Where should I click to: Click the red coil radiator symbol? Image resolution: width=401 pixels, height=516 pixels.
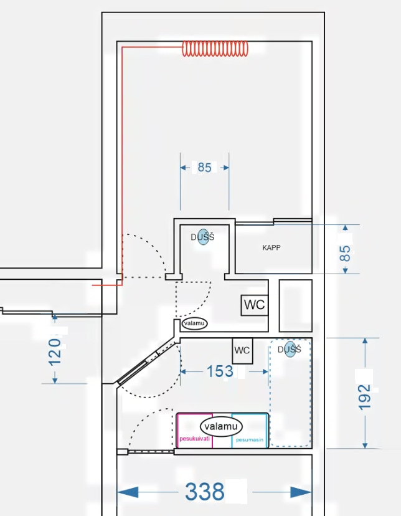pos(215,49)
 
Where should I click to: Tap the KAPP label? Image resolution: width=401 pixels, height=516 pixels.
pos(271,247)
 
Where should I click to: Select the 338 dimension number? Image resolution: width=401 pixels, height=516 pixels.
pos(204,492)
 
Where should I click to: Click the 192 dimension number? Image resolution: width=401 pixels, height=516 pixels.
pos(364,398)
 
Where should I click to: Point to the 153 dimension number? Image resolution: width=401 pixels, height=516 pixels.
pos(220,371)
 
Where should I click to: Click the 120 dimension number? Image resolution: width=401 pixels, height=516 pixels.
pos(55,352)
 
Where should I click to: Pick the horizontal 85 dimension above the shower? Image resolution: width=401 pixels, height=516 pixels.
pos(204,168)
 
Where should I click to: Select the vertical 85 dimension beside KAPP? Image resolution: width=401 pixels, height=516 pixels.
pos(345,253)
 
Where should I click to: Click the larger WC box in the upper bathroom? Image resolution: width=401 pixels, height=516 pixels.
pos(255,305)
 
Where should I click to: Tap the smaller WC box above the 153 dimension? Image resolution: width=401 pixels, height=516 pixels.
pos(243,351)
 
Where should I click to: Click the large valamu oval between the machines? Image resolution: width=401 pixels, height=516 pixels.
pos(221,426)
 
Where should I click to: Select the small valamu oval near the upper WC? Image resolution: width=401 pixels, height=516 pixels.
pos(194,323)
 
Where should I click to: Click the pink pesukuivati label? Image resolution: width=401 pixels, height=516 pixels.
pos(194,439)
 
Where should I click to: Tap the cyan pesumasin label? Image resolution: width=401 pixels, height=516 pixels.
pos(250,439)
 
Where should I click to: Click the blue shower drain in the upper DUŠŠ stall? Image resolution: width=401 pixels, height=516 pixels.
pos(204,237)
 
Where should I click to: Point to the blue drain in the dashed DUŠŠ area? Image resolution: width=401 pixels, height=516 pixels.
pos(290,349)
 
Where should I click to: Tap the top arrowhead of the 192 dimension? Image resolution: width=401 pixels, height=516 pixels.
pos(365,341)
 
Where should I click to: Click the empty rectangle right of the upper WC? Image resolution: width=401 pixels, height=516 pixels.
pos(296,306)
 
